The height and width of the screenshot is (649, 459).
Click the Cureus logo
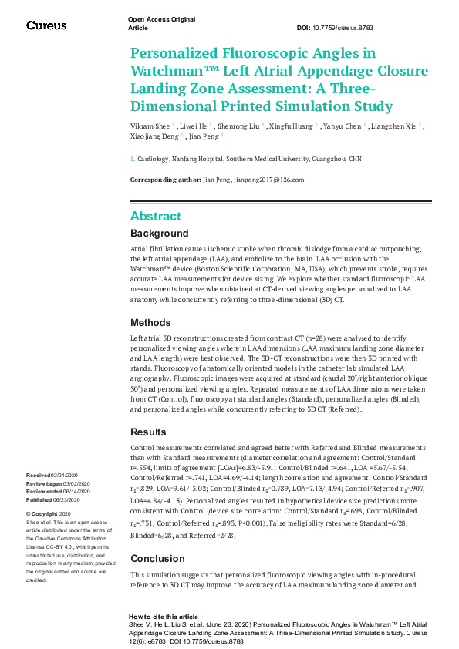pos(47,25)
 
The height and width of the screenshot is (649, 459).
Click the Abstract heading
pos(156,216)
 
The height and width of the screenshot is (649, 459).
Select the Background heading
pos(159,233)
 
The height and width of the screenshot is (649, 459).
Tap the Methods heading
pos(150,322)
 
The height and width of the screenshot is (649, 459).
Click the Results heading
pos(149,432)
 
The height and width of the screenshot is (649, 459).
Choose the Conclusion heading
pos(157,558)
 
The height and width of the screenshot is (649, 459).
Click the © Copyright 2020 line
pos(49,513)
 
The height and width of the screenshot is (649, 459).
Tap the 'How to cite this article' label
pos(163,617)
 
